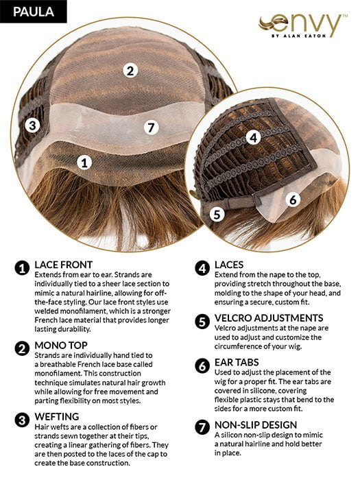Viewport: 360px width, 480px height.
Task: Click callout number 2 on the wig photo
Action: click(x=131, y=69)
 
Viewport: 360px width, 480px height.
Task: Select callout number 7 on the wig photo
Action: click(x=152, y=127)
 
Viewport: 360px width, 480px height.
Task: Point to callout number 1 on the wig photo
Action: click(x=84, y=163)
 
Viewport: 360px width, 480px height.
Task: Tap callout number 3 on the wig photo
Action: click(x=32, y=125)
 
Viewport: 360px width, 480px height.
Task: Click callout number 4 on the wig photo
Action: click(x=253, y=137)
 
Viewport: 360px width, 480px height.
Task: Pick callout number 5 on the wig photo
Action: click(x=217, y=213)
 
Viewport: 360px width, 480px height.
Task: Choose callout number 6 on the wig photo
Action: click(x=292, y=200)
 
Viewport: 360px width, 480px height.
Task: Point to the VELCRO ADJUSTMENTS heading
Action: click(x=269, y=318)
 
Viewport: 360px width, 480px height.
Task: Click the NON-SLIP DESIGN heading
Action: click(x=256, y=424)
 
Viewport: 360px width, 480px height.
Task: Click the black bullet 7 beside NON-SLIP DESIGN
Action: click(x=202, y=426)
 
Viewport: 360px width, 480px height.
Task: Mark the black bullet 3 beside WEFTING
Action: click(x=21, y=417)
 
